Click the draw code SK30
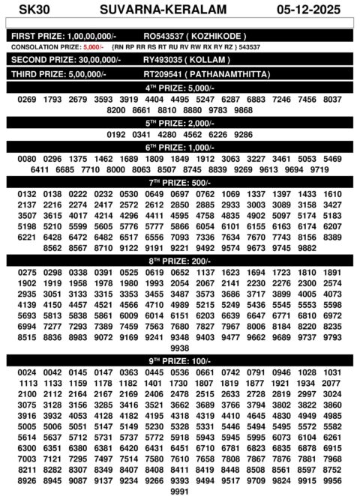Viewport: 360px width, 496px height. [29, 10]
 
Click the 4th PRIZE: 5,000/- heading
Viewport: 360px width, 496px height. [179, 88]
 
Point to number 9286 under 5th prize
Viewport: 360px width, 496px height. [243, 135]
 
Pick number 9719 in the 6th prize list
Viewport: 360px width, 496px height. [319, 170]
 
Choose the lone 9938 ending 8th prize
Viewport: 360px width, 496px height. [179, 348]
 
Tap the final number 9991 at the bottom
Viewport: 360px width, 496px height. [179, 491]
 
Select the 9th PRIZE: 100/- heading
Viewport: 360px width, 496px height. [179, 360]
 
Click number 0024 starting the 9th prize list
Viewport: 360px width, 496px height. [27, 372]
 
